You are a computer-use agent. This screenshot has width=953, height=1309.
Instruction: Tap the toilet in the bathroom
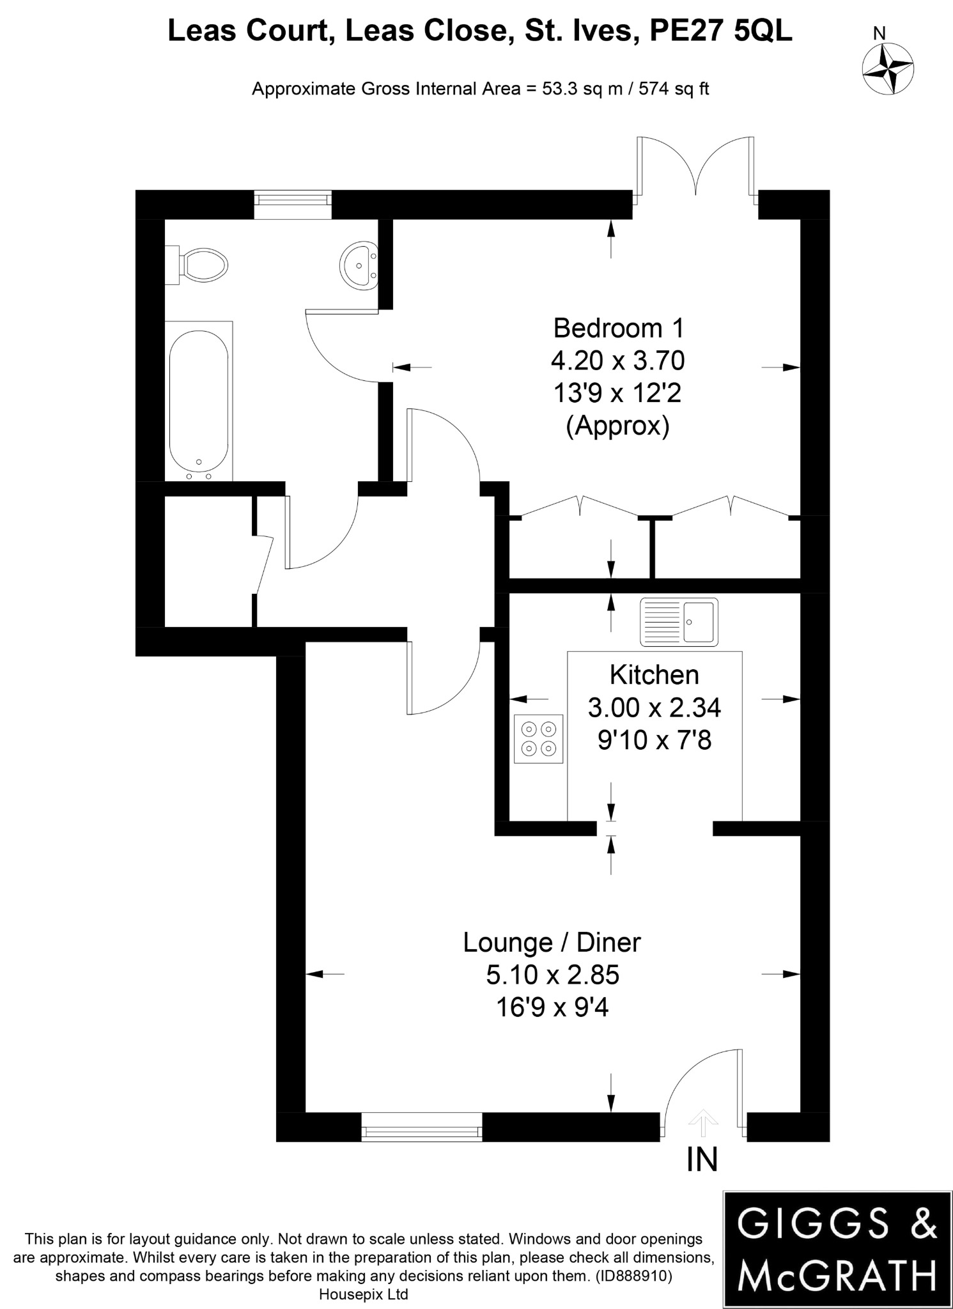click(x=198, y=264)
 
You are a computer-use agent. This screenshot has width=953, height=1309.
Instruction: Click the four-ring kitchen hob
click(x=538, y=738)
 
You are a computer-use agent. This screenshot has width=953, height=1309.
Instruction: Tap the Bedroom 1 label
click(x=618, y=328)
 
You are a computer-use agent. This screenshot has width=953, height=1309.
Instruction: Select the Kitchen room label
click(x=654, y=675)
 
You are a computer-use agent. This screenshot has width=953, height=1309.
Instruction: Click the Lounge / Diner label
click(x=552, y=942)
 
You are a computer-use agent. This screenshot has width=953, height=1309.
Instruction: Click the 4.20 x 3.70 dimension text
click(x=617, y=361)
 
